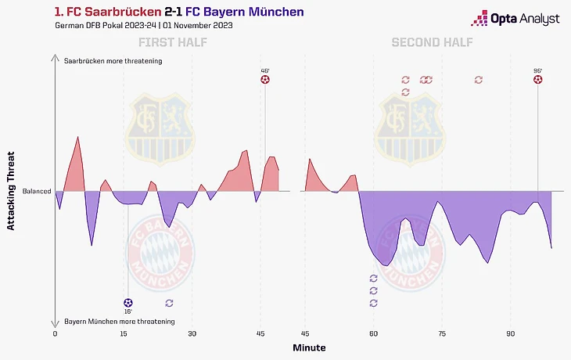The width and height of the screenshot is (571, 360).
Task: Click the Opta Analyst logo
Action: tap(514, 18)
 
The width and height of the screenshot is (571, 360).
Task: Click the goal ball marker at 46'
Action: tap(265, 80)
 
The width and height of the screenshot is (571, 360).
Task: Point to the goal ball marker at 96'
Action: tap(537, 80)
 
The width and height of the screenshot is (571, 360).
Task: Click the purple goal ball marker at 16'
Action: tap(128, 302)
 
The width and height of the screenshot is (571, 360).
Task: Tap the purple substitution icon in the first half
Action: tap(169, 302)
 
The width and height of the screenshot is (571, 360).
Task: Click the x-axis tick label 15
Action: tap(124, 333)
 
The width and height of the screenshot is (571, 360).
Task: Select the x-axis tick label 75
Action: tap(442, 333)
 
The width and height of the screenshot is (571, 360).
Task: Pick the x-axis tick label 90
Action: tap(510, 333)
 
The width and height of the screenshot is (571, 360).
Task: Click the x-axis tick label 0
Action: tap(55, 333)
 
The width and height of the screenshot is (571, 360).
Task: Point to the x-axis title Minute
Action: tap(309, 347)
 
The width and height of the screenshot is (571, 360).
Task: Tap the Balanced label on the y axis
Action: tap(37, 191)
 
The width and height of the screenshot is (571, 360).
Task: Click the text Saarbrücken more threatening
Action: tap(113, 60)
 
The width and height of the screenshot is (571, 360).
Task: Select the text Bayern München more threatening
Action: tap(119, 322)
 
